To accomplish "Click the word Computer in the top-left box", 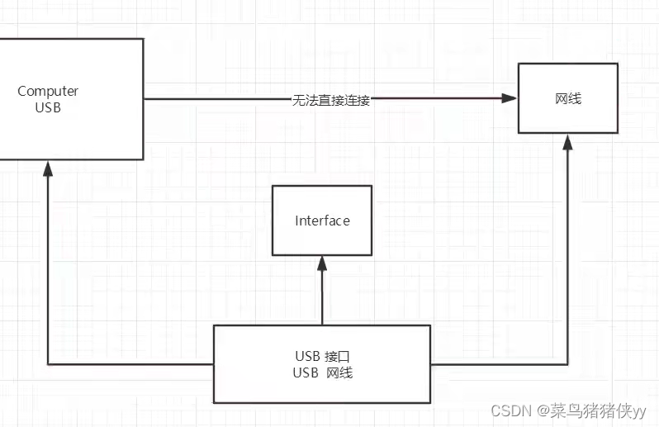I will tap(48, 91).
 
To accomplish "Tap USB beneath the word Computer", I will tap(48, 107).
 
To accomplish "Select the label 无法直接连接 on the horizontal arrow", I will tap(331, 99).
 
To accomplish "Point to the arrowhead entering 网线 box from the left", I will tap(510, 98).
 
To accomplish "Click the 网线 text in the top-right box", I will tap(568, 98).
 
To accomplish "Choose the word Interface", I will tap(322, 221).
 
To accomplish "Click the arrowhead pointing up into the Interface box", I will tap(322, 263).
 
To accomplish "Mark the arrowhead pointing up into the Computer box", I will tap(48, 168).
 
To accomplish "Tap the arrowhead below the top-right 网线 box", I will tap(568, 142).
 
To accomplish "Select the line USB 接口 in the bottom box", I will tap(322, 356).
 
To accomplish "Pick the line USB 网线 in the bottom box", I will tap(322, 372).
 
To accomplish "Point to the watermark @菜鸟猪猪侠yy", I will tap(591, 410).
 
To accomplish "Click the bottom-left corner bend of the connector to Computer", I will tap(48, 363).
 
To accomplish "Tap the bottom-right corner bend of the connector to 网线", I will tap(568, 363).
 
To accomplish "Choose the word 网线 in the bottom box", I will tap(339, 372).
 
